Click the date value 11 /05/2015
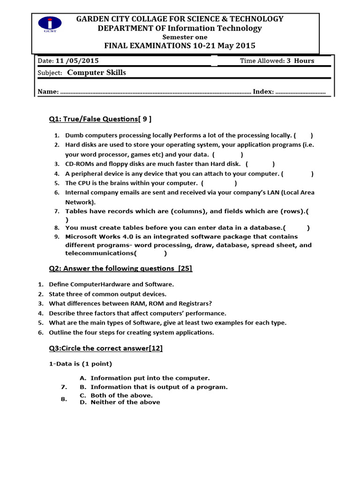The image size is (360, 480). [x=77, y=61]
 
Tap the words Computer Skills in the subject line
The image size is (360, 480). [x=97, y=73]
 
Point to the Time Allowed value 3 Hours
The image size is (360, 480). [x=300, y=61]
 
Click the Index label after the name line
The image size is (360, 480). [x=262, y=92]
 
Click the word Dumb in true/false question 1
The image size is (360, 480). [x=73, y=135]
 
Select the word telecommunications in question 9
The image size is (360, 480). [x=99, y=254]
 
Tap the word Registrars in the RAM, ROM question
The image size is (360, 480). [x=193, y=304]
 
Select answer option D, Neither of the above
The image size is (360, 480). [x=125, y=402]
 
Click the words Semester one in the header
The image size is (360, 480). [x=185, y=37]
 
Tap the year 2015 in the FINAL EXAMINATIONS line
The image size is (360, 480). [x=242, y=46]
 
